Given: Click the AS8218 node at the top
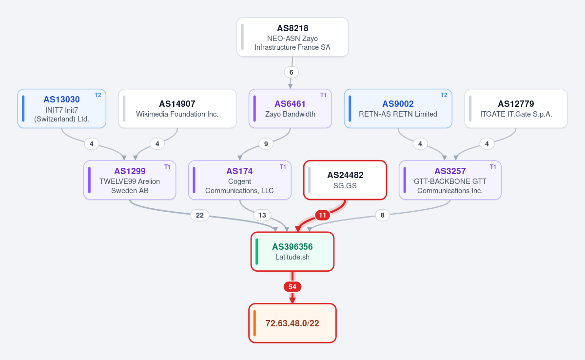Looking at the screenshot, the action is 292,37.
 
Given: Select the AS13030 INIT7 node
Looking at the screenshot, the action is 61,108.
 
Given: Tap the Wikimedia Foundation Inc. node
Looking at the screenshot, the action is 177,108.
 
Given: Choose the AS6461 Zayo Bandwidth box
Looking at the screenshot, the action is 290,108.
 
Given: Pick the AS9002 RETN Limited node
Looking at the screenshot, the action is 398,108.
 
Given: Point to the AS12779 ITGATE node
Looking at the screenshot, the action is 516,108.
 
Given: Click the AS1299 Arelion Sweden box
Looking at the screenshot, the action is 130,180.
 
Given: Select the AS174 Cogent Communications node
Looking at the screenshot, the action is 240,180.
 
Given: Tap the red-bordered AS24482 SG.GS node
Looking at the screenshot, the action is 345,180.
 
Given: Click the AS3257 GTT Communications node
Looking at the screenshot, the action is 450,180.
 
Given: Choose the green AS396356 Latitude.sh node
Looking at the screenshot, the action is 292,252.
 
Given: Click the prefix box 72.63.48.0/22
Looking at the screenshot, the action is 292,323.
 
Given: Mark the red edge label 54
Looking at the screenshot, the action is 292,287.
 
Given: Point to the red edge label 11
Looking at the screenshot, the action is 323,215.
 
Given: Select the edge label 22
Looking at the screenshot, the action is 200,215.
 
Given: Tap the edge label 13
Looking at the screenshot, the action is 262,215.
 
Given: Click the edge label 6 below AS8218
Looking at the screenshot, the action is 292,72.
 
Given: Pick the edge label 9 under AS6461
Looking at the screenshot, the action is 266,144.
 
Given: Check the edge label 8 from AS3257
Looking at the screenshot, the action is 382,215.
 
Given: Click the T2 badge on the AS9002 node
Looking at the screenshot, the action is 444,95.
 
